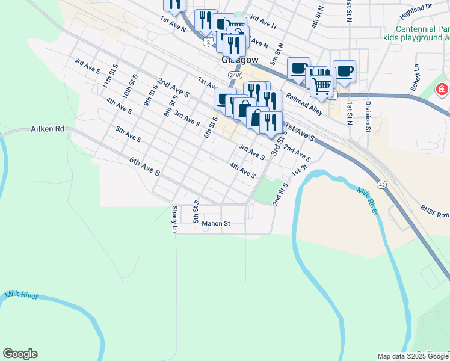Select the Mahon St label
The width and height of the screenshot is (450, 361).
click(216, 224)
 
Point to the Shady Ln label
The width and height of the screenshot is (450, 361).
click(174, 220)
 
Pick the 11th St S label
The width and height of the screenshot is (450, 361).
click(109, 78)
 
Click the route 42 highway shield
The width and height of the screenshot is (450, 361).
click(382, 184)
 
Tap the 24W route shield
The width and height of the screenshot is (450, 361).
click(235, 75)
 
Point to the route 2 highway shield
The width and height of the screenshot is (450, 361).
click(207, 41)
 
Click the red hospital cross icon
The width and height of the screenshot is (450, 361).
click(443, 90)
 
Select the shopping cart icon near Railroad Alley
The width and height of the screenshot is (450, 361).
click(322, 86)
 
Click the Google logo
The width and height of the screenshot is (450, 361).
click(20, 354)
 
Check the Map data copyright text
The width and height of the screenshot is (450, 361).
click(413, 356)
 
